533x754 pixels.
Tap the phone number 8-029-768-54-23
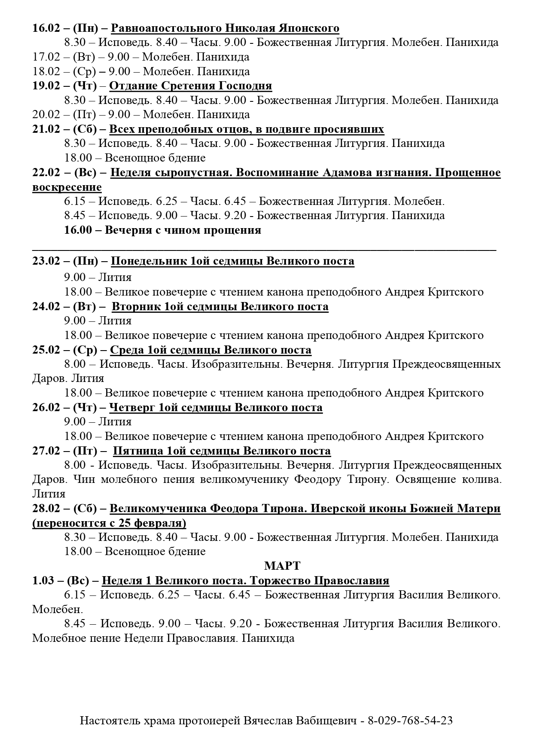tap(410, 720)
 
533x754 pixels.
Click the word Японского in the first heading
tap(307, 28)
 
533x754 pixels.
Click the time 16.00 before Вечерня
tap(78, 230)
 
